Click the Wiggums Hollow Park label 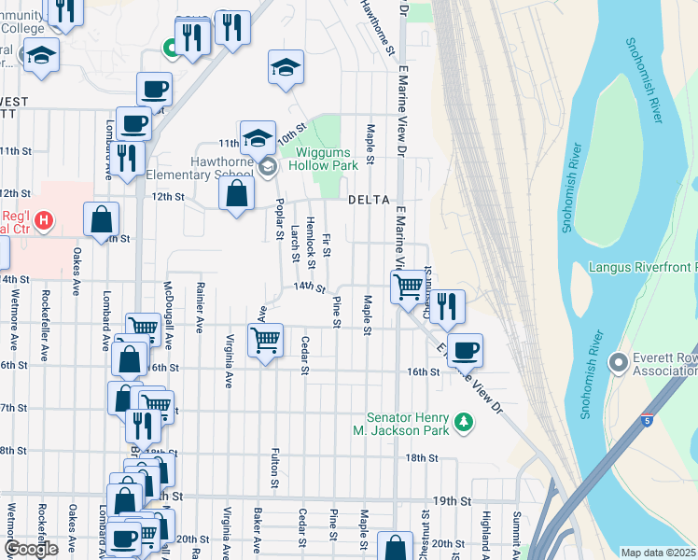point(321,159)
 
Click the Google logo point(32,549)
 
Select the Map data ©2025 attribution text point(658,553)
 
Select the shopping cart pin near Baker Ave point(265,339)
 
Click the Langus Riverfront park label point(642,268)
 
